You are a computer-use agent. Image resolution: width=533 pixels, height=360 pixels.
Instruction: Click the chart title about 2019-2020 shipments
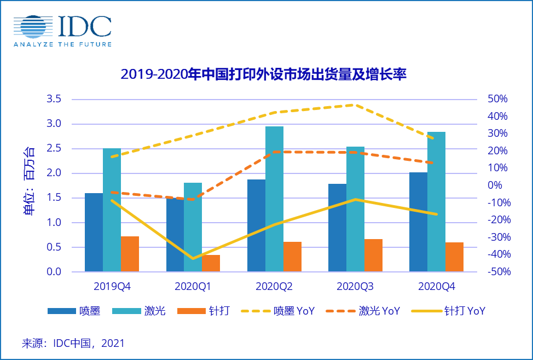click(263, 74)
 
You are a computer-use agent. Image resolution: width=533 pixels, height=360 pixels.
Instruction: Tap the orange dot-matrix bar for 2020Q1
click(211, 263)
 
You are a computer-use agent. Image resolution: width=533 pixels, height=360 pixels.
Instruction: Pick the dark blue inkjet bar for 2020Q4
click(418, 222)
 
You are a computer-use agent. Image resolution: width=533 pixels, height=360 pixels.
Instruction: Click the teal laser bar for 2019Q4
click(112, 210)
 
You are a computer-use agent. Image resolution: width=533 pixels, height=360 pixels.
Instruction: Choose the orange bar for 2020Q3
click(373, 255)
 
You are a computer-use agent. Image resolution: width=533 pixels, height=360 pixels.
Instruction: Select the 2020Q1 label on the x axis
click(193, 286)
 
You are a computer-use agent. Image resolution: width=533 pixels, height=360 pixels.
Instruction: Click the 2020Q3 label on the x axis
click(355, 286)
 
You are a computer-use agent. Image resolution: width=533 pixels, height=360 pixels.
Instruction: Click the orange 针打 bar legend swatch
click(192, 311)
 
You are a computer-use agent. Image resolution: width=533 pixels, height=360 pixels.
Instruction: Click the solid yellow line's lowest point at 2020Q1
click(193, 258)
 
